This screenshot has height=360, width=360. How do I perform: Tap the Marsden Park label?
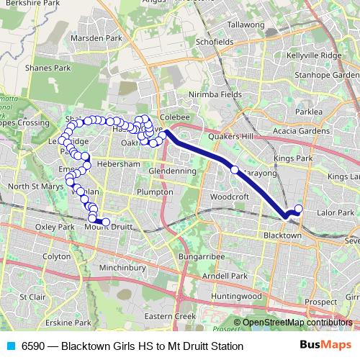pos(104,37)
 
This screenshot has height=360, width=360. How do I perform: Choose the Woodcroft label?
pos(230,196)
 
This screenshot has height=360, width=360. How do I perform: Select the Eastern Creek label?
pos(170,316)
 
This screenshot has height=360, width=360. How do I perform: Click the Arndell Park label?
pos(225,276)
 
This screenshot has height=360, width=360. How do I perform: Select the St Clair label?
pos(32,296)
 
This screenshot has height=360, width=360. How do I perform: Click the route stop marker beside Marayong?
pos(234,170)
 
